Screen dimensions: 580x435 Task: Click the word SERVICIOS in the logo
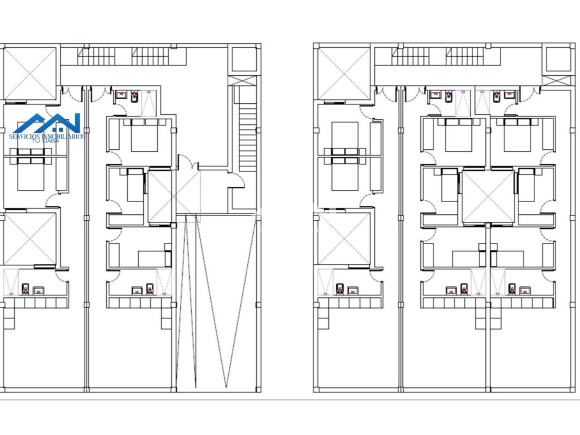tap(24, 136)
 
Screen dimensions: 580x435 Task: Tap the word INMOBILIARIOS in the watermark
tap(63, 136)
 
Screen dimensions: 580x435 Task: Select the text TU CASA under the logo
tap(46, 141)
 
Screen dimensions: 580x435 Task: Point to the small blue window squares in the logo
tap(58, 129)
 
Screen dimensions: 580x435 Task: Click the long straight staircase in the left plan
tap(247, 137)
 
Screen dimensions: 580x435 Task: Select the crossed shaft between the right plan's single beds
tap(488, 197)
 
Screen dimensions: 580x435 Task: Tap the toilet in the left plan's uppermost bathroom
tap(135, 97)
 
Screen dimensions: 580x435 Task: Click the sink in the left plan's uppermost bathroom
tap(122, 95)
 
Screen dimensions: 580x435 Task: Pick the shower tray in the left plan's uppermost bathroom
tap(149, 103)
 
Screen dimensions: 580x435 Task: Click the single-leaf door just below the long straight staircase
tap(237, 179)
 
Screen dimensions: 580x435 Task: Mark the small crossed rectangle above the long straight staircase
tap(242, 81)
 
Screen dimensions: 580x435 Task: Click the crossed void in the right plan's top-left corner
tap(344, 74)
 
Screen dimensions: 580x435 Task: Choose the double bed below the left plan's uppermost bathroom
tap(145, 135)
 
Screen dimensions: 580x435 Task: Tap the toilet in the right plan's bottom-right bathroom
tap(512, 289)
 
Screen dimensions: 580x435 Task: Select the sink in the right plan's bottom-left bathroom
tap(353, 290)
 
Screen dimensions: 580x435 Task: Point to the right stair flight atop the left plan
tap(150, 56)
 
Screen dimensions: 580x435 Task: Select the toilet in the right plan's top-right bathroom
tap(497, 97)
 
